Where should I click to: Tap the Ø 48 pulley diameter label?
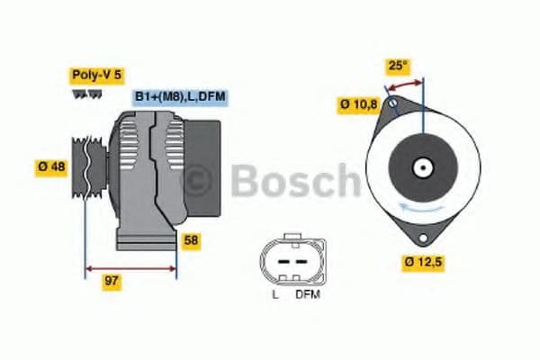click(x=51, y=166)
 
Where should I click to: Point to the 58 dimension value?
click(x=191, y=240)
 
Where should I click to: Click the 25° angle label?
click(x=398, y=66)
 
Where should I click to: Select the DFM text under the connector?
click(x=307, y=293)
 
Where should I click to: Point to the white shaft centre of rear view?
click(x=420, y=166)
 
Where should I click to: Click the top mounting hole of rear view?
click(x=391, y=103)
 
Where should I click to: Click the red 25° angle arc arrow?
click(x=405, y=83)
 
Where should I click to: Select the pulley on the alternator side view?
click(x=86, y=168)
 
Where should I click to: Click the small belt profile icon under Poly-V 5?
click(x=86, y=94)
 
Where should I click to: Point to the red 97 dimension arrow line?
click(x=130, y=267)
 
